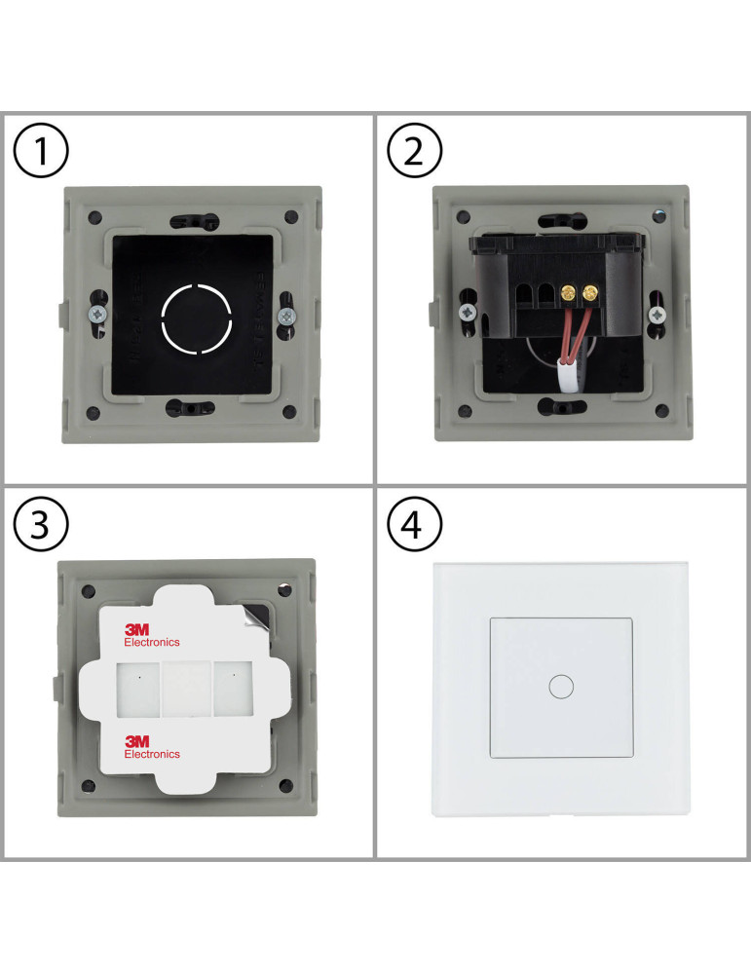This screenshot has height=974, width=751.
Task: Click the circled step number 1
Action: click(x=41, y=154)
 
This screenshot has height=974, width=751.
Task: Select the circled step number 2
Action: click(x=415, y=154)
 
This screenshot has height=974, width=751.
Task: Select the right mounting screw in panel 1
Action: click(x=286, y=316)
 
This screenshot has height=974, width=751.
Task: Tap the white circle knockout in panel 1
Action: click(x=196, y=317)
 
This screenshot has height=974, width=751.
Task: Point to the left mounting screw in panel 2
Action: click(x=469, y=314)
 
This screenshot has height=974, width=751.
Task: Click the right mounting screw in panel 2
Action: click(x=658, y=314)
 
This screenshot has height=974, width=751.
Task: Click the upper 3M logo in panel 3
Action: click(x=137, y=630)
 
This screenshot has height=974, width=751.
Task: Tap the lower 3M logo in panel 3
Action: click(x=137, y=741)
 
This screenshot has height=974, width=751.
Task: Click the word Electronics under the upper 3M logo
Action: click(x=152, y=643)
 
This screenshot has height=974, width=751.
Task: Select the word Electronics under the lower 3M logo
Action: click(x=152, y=754)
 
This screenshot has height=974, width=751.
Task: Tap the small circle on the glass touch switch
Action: click(x=561, y=686)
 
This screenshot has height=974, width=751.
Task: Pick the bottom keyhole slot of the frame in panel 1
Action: click(x=195, y=407)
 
